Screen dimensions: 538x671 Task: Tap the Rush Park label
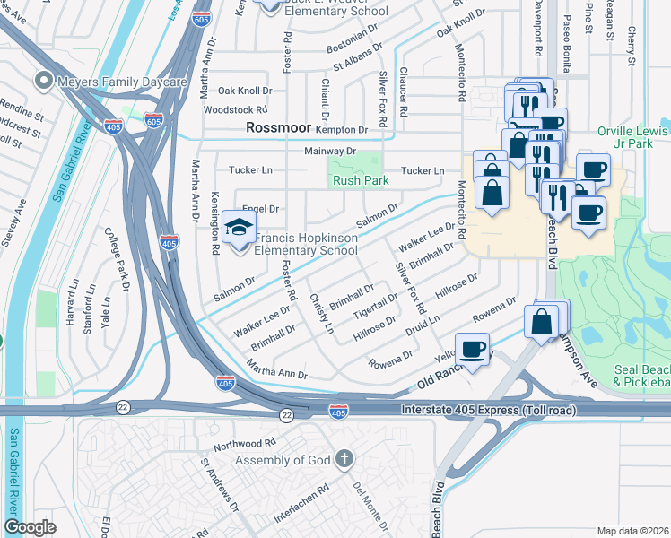tap(361, 180)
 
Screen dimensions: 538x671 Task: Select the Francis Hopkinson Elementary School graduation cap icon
tap(239, 228)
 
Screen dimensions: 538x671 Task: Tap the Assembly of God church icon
tap(342, 460)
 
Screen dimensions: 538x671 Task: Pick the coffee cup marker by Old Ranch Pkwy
tap(472, 348)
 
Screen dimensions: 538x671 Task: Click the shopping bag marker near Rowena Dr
tap(543, 321)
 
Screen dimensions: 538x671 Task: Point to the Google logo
tap(30, 527)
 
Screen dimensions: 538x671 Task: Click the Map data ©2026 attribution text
tap(632, 531)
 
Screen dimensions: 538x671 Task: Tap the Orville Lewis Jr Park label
tap(633, 138)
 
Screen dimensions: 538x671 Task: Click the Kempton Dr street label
tap(342, 130)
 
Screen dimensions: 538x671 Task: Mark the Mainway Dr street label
tap(330, 152)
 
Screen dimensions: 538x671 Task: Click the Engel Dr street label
tap(261, 208)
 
